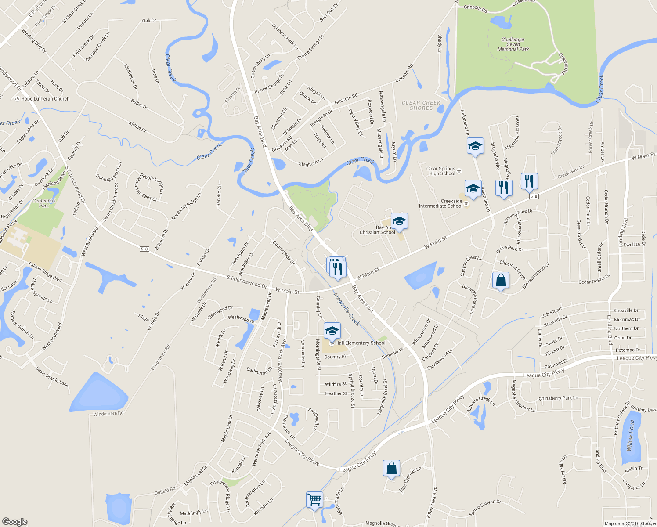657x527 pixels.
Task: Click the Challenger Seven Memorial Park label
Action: tap(513, 44)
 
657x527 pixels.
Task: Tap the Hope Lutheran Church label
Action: tap(45, 99)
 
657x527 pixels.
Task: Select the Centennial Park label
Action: tap(44, 203)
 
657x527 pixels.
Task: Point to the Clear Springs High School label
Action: tap(441, 171)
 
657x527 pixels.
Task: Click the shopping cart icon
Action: tap(314, 499)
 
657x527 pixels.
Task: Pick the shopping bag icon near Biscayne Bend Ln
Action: tap(501, 280)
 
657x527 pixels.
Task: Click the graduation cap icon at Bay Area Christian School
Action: tap(399, 221)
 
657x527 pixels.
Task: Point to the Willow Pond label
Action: tap(631, 435)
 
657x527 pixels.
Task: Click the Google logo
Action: tap(15, 521)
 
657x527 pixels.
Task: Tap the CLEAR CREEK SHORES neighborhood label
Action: tap(421, 105)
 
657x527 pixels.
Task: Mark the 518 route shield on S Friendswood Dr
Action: tap(144, 249)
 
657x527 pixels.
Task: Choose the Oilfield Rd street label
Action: tap(165, 491)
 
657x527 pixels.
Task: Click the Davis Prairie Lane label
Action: tap(52, 377)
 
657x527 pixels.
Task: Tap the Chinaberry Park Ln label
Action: tap(558, 398)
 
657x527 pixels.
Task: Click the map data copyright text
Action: tap(630, 523)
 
